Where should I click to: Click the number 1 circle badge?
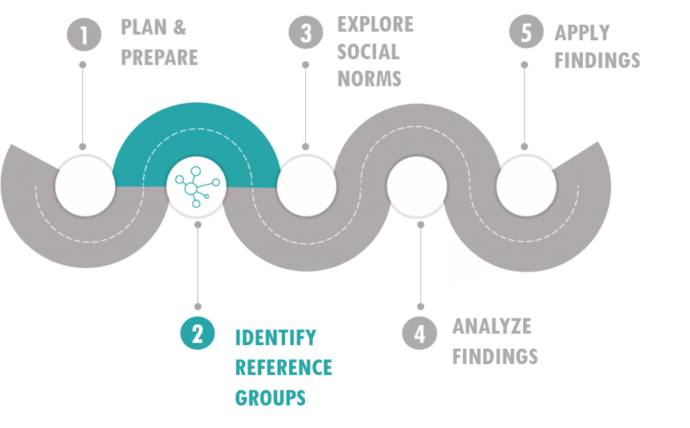pos(84,34)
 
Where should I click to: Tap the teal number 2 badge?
pos(197,333)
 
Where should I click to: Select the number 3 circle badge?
pos(306,32)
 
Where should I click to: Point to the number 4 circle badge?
pos(419,333)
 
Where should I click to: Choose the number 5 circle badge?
pos(526,32)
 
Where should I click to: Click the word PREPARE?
pos(159,58)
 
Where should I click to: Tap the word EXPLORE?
pos(375,25)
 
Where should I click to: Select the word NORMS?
pos(369,79)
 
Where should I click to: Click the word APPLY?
pos(582,33)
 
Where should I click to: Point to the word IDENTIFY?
pos(276,338)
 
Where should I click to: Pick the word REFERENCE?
pos(284,368)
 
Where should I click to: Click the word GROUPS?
pos(270,398)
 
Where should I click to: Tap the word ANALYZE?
pos(492,326)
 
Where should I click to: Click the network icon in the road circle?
pos(197,187)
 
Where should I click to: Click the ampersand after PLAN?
pos(179,27)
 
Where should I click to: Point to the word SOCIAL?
pos(369,52)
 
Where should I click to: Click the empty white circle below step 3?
pos(307,186)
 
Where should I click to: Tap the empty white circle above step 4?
pos(417,186)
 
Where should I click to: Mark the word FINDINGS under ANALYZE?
pos(495,357)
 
